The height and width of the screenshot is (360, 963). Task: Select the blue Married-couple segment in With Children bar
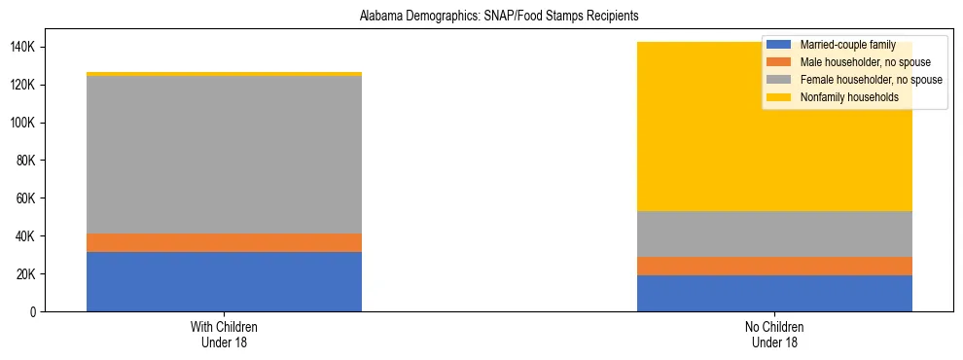tap(224, 282)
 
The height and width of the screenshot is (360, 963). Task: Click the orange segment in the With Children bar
tap(224, 242)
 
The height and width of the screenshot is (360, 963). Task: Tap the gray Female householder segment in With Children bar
tap(224, 155)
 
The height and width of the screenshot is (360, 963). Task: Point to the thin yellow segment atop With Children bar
tap(224, 74)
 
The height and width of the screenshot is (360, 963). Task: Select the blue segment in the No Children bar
tap(774, 293)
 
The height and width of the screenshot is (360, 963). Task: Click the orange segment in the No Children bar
tap(774, 266)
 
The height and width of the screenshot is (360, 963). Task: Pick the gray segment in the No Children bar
tap(774, 234)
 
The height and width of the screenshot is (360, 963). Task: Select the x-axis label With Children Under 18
tap(224, 334)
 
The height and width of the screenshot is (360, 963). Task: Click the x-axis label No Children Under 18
tap(774, 334)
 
